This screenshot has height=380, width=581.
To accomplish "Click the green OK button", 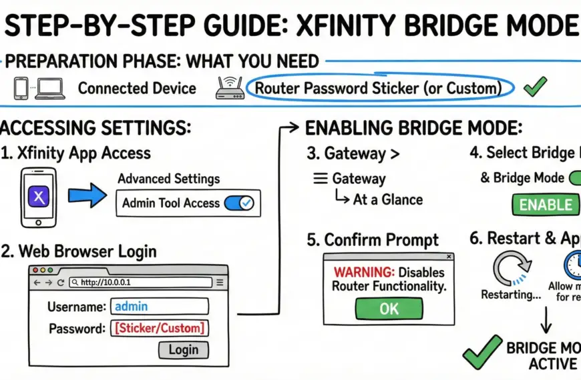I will tap(389, 308).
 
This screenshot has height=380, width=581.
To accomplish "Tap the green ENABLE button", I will tap(546, 204).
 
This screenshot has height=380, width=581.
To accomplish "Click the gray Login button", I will tap(183, 349).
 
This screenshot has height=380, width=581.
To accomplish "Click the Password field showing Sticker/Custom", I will tap(160, 327).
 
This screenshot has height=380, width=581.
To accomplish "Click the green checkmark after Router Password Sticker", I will tap(536, 87).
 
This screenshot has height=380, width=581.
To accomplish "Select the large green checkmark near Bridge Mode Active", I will tap(482, 351).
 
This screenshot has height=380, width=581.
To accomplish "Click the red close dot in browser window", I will tap(34, 270).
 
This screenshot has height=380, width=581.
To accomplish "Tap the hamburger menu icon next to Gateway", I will tap(320, 179).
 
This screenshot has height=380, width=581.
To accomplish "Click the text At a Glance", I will tap(387, 199).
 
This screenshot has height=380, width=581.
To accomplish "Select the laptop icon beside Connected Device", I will tap(50, 88).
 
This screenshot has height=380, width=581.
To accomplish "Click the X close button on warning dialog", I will tap(449, 256).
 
